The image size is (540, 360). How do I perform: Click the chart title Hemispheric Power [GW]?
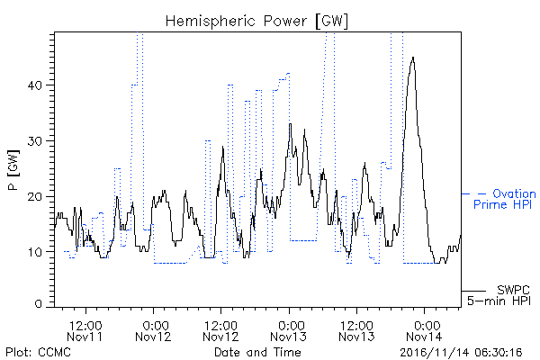(x=256, y=21)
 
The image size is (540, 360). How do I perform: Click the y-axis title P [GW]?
(x=13, y=170)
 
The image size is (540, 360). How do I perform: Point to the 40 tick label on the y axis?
(x=34, y=85)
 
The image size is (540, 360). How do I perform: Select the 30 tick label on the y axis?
(x=34, y=141)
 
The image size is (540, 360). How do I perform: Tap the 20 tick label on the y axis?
(x=34, y=196)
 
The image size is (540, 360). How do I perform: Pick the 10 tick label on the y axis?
(x=35, y=252)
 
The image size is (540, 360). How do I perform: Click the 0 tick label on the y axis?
(x=38, y=304)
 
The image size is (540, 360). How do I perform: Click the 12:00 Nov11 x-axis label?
(x=85, y=331)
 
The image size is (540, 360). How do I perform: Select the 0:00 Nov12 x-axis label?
(x=153, y=331)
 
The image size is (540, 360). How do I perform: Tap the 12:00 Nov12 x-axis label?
(x=220, y=331)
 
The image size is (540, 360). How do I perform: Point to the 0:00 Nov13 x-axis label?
(x=289, y=331)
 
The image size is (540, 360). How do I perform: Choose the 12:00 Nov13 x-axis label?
(x=356, y=331)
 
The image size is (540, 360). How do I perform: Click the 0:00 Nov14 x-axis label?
(x=424, y=331)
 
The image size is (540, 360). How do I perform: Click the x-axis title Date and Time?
(x=257, y=353)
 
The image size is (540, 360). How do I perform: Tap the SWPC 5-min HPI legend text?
(x=499, y=295)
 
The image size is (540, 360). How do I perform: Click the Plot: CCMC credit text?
(x=38, y=353)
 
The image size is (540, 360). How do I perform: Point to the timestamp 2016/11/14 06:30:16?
(x=461, y=353)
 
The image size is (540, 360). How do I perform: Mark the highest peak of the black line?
(x=413, y=58)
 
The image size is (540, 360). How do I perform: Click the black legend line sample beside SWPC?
(x=473, y=291)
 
